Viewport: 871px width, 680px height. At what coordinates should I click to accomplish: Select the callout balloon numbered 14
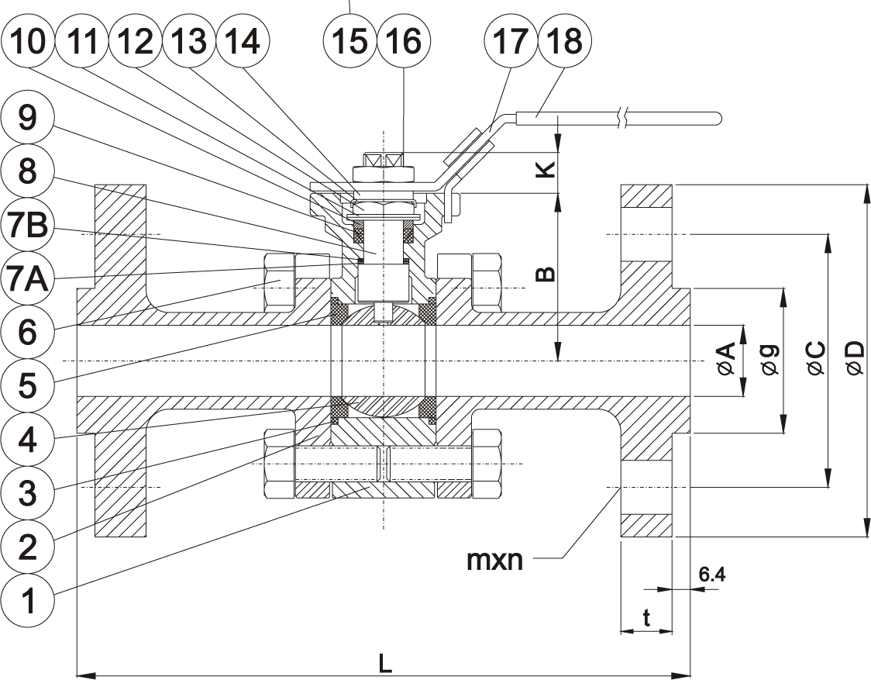point(240,41)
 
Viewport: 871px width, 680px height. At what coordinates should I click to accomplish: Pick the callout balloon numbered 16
point(402,41)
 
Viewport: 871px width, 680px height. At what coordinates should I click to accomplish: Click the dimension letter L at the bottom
point(385,664)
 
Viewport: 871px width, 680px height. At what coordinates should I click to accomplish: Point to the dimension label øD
point(853,359)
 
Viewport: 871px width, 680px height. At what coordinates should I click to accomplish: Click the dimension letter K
point(547,170)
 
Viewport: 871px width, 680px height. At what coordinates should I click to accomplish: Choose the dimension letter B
point(547,274)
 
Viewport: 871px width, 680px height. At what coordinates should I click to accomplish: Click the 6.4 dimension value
point(711,575)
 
